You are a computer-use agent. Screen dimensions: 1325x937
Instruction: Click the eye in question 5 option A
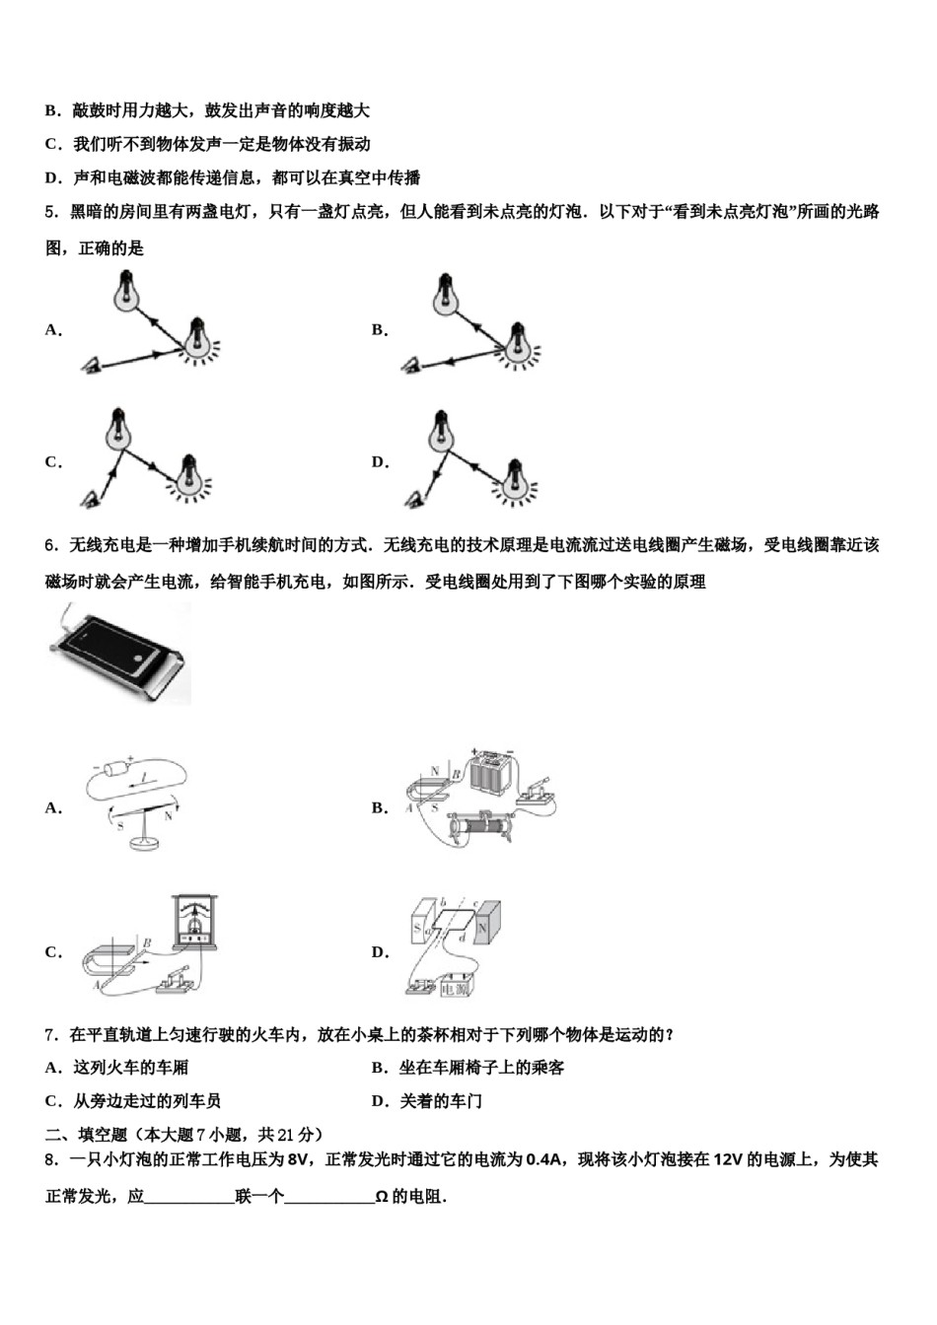coord(91,367)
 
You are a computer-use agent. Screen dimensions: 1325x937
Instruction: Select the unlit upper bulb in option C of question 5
coord(120,426)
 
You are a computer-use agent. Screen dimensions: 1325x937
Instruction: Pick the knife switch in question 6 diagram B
coord(539,794)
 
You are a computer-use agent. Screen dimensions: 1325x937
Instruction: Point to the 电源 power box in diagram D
coord(457,986)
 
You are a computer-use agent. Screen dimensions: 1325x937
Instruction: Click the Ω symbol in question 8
coord(381,1198)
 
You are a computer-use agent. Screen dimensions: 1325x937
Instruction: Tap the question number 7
coord(51,1034)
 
